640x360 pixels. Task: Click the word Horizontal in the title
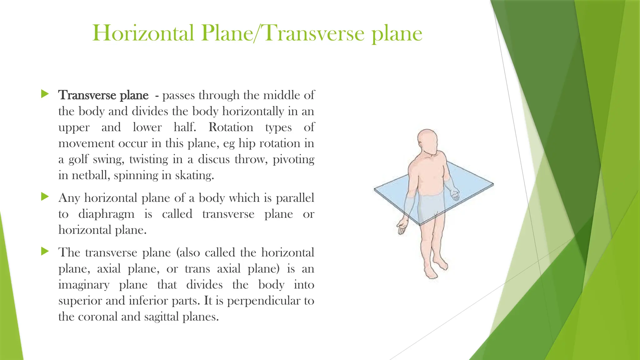(x=143, y=33)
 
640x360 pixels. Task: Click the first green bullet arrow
(x=45, y=94)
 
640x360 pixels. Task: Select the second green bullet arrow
(x=45, y=197)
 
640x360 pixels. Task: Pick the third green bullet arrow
(x=45, y=251)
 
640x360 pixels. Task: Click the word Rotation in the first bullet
(x=231, y=127)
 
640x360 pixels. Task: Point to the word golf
(x=78, y=160)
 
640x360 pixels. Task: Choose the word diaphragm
(x=106, y=214)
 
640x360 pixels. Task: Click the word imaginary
(x=84, y=285)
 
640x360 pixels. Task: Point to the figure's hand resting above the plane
(x=454, y=195)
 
